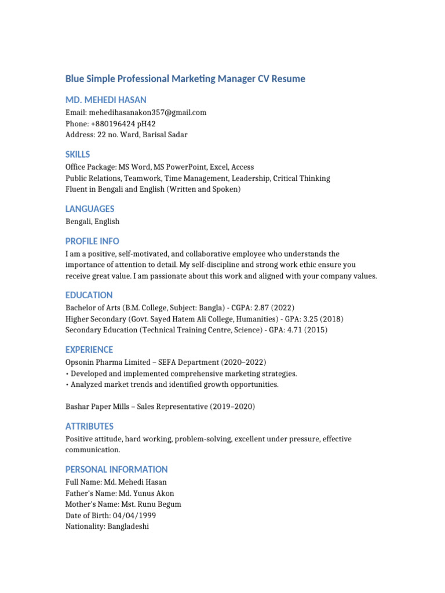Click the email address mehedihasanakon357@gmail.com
coord(148,112)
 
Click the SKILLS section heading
coord(78,155)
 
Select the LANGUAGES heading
coord(90,208)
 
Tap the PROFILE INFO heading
coord(92,241)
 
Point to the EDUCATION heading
coord(89,295)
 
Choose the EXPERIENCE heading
coord(89,349)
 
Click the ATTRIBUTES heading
coord(89,426)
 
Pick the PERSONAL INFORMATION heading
coord(116,469)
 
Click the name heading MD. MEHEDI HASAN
coord(105,100)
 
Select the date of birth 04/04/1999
coord(136,515)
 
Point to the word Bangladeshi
coord(128,527)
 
